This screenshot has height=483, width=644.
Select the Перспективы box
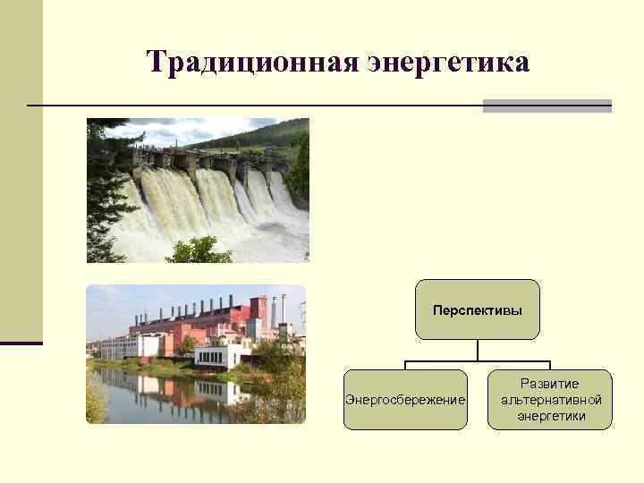(x=478, y=309)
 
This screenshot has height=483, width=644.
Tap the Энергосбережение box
(x=405, y=400)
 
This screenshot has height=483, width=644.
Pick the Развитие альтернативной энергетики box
(x=550, y=400)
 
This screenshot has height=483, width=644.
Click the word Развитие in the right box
(x=550, y=384)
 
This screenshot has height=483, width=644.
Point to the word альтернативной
(x=550, y=400)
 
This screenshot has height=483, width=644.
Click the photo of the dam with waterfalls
(x=198, y=190)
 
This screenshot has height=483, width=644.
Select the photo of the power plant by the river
(x=196, y=354)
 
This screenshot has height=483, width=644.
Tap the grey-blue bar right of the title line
(x=547, y=106)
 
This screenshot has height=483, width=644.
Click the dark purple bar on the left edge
(x=21, y=343)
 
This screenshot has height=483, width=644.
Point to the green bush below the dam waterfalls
(x=199, y=250)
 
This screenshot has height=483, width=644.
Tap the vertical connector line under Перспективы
(x=478, y=350)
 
